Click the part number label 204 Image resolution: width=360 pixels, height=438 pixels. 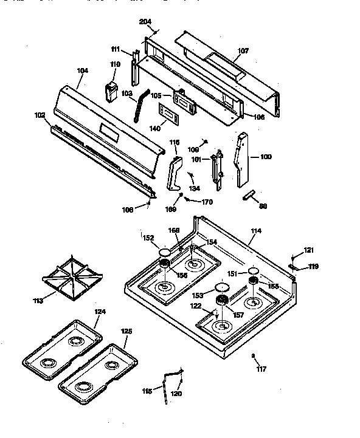click(x=145, y=22)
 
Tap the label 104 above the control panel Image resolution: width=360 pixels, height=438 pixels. click(x=83, y=71)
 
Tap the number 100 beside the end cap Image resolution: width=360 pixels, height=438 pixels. click(x=266, y=157)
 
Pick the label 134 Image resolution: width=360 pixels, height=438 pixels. click(x=194, y=188)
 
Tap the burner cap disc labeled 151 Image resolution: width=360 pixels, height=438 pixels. click(x=254, y=270)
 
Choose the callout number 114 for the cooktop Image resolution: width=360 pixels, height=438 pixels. click(x=256, y=231)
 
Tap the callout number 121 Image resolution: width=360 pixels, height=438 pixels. click(x=309, y=250)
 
